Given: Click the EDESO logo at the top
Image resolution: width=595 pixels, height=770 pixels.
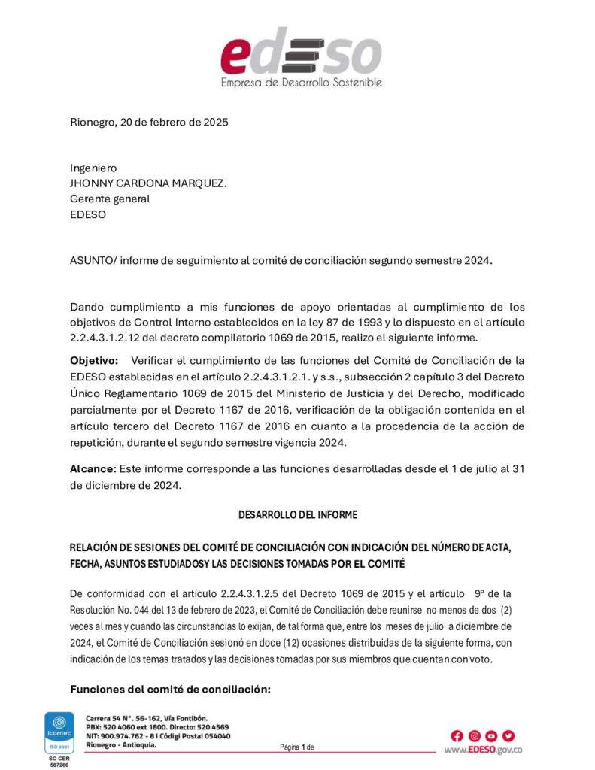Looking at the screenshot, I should [x=300, y=53].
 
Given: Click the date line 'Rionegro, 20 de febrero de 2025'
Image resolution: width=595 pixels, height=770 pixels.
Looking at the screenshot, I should [x=149, y=122].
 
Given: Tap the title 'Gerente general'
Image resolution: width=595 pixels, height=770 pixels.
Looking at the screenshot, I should [x=110, y=199].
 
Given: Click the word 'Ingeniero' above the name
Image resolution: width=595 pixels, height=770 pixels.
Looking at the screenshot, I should [x=93, y=168].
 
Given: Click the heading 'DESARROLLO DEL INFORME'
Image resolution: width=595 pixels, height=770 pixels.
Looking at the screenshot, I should [x=298, y=515].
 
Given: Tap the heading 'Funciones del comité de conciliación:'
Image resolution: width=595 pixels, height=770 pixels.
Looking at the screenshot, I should [x=170, y=690].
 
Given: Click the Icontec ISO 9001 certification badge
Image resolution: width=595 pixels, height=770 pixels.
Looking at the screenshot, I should [x=57, y=733].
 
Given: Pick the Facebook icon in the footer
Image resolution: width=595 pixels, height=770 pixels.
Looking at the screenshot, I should [x=457, y=736].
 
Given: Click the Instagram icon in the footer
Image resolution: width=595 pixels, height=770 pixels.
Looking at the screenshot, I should [x=474, y=736].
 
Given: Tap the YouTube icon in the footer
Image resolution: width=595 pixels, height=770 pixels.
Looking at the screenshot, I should [x=491, y=736].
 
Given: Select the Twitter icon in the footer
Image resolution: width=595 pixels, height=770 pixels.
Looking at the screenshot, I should [x=508, y=736].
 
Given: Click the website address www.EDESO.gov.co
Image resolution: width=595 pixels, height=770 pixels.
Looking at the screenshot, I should [x=483, y=750].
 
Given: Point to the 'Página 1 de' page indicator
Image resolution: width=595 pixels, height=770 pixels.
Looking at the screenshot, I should [x=296, y=747].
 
